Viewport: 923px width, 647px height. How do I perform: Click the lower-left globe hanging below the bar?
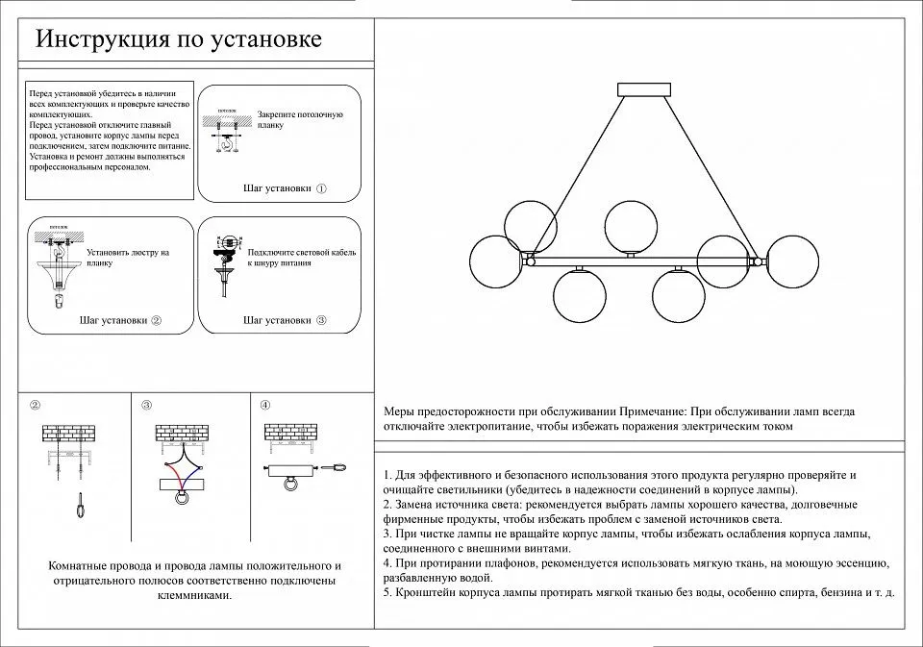(x=580, y=295)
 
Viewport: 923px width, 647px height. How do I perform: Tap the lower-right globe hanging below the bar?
(x=679, y=295)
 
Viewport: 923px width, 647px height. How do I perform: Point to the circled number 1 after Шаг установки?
(x=321, y=189)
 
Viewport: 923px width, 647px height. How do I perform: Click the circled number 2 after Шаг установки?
(x=156, y=320)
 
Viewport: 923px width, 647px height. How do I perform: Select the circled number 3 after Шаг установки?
(x=321, y=320)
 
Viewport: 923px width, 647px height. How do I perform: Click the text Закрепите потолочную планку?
(x=300, y=120)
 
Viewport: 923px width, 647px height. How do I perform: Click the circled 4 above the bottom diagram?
(x=265, y=405)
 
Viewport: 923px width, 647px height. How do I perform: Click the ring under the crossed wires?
(x=181, y=498)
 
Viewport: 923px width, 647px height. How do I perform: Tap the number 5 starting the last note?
(x=386, y=592)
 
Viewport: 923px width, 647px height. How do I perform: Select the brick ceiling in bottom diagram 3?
(x=182, y=435)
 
